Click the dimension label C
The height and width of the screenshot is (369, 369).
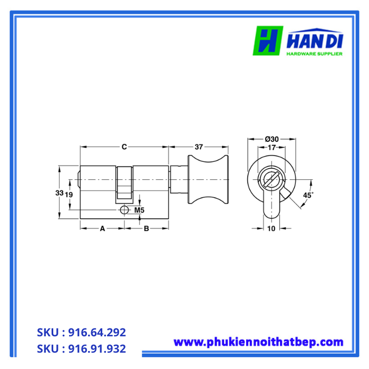tap(124, 147)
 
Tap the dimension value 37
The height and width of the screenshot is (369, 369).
tap(199, 147)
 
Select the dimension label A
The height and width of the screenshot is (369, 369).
tap(102, 228)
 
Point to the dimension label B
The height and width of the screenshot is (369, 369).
tap(147, 228)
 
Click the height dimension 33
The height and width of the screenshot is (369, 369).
tap(60, 193)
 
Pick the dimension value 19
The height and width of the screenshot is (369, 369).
tap(69, 195)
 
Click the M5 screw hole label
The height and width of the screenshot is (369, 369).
tap(139, 210)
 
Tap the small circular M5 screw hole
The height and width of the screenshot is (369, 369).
tap(124, 210)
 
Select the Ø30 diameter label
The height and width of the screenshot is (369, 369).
tap(271, 139)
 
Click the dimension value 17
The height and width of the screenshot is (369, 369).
tap(271, 148)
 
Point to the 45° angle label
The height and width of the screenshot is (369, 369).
tap(308, 195)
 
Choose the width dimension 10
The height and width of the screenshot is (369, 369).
tap(271, 228)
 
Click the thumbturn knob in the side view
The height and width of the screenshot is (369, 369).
tap(208, 180)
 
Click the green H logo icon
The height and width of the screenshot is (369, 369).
tap(268, 41)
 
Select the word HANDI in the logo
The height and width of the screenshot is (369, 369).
tap(316, 40)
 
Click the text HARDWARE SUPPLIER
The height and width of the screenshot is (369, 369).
tap(314, 54)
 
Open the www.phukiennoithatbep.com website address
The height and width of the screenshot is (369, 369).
tap(258, 342)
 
